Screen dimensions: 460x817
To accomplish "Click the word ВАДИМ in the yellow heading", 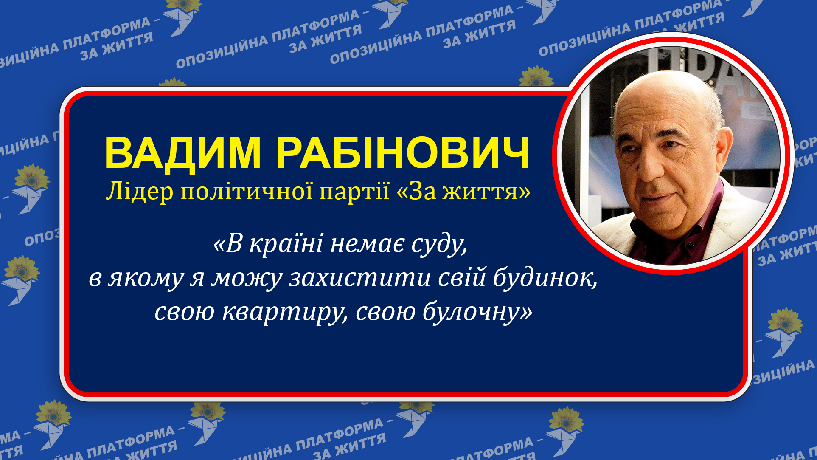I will (182, 153).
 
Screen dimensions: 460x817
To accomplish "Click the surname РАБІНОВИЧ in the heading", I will (403, 153).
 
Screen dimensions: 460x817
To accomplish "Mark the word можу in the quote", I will (246, 279).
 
